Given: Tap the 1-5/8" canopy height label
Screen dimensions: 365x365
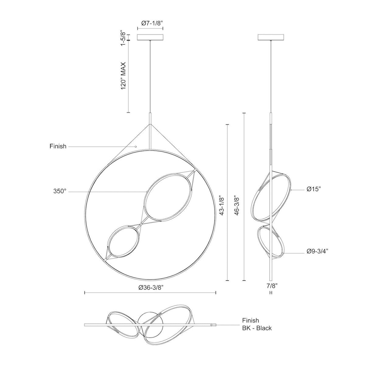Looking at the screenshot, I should coord(123,38).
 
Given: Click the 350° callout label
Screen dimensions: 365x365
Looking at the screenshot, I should coord(60,191).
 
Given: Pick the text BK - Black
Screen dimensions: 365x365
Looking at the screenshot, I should coord(257,328).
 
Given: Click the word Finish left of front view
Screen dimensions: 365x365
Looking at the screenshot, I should coord(58,146).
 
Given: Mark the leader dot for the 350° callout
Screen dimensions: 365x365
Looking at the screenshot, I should coord(147,192).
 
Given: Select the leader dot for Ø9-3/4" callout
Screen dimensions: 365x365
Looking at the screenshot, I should coord(283,253).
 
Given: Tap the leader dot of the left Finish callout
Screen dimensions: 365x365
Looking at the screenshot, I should coord(136,146).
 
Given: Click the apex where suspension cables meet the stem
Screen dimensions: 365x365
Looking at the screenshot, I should coord(150,124).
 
